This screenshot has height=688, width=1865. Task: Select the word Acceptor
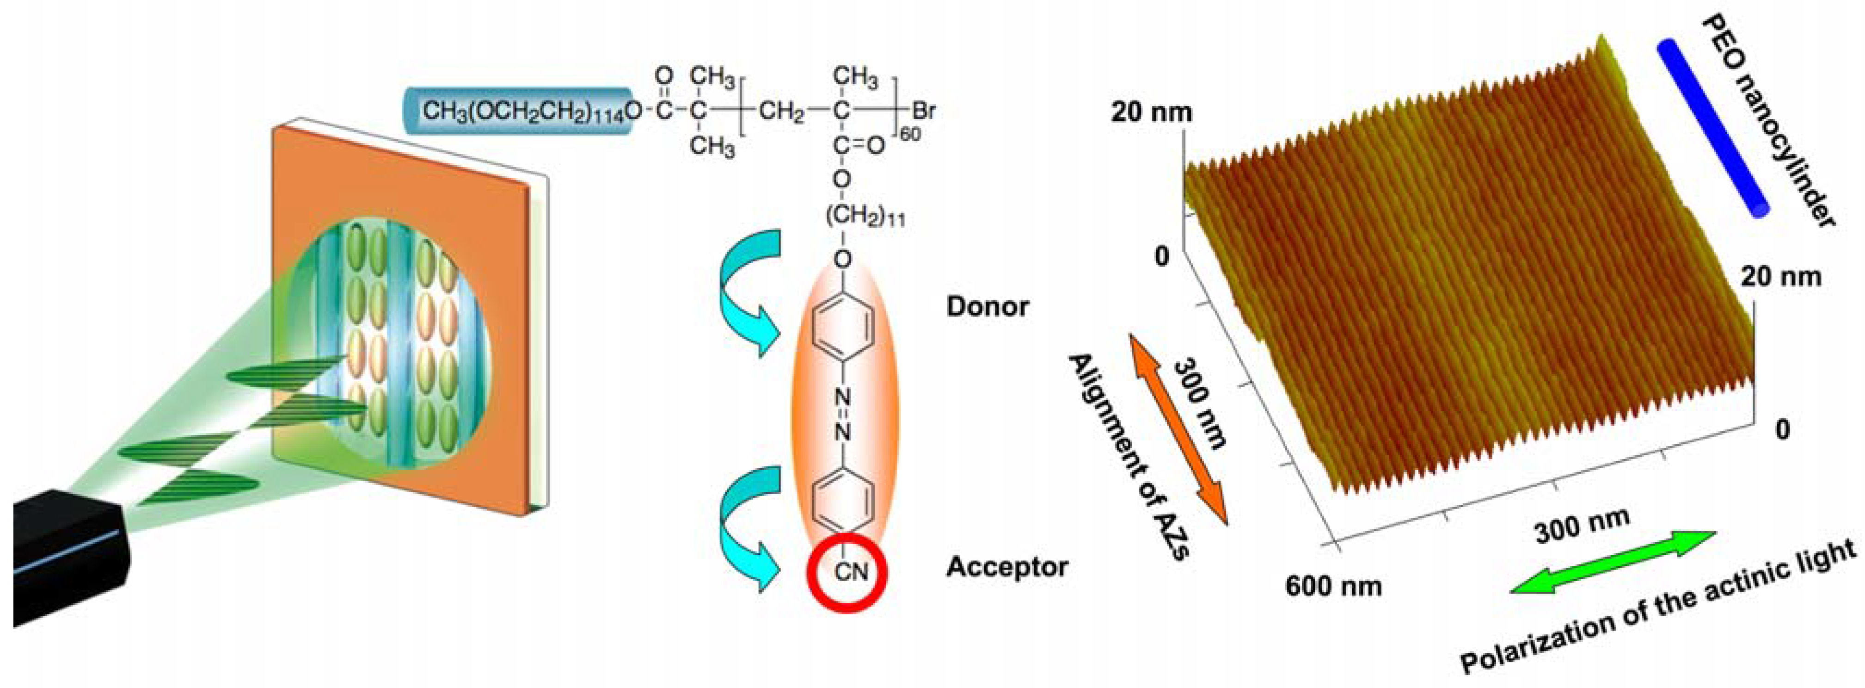pyautogui.click(x=1006, y=568)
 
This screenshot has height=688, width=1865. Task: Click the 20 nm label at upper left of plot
pyautogui.click(x=1151, y=113)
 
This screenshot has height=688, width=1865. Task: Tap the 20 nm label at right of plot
pyautogui.click(x=1780, y=277)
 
